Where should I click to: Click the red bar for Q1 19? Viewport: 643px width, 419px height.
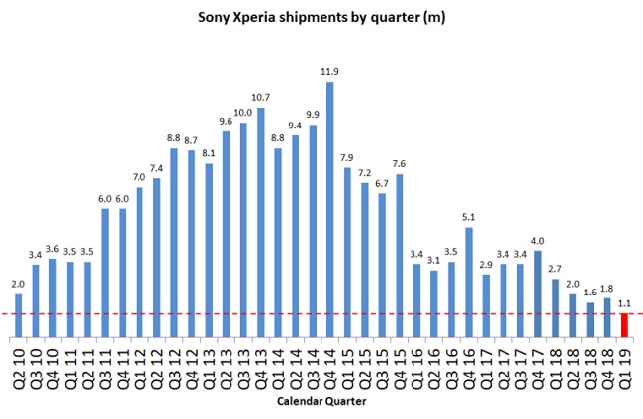pos(624,326)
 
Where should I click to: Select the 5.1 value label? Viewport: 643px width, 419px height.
pos(468,218)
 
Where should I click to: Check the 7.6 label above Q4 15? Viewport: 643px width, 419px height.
pos(399,164)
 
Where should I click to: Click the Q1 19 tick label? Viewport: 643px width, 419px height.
pos(624,367)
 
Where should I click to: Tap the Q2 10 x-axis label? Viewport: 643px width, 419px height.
pos(19,367)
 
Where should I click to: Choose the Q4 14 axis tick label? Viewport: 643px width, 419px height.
pos(329,367)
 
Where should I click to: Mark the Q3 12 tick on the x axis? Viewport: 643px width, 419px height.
pos(174,367)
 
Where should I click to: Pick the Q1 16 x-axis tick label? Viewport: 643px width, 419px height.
pos(416,367)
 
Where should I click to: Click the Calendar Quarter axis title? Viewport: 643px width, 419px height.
pos(321,404)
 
